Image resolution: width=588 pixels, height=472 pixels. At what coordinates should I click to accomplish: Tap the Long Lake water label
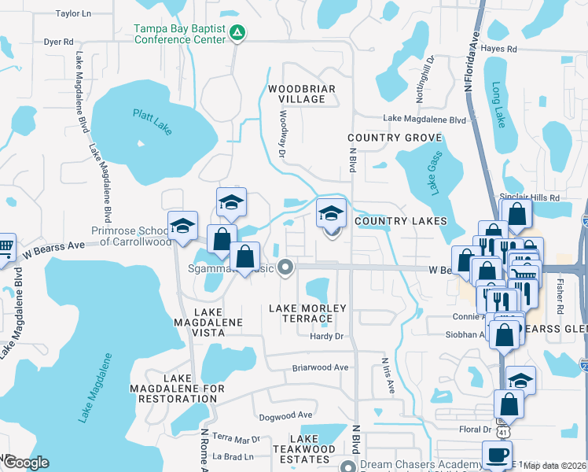pyautogui.click(x=498, y=105)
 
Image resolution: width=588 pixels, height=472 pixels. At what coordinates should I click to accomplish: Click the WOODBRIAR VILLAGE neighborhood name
pyautogui.click(x=296, y=94)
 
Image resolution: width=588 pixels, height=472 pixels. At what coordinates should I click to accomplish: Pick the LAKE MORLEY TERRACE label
pyautogui.click(x=301, y=313)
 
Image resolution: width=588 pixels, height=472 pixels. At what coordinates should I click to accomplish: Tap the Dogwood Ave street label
pyautogui.click(x=284, y=415)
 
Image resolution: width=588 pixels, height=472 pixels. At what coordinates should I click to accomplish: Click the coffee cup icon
pyautogui.click(x=496, y=455)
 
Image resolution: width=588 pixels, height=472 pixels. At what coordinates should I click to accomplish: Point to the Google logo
pyautogui.click(x=26, y=463)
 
